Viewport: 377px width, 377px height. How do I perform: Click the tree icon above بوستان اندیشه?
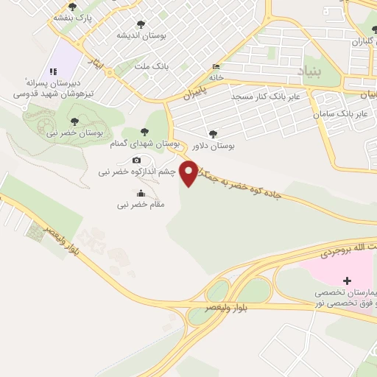coord(141,24)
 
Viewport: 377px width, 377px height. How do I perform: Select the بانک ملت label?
coord(152,66)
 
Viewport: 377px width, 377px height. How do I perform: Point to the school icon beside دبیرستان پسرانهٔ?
coord(52,71)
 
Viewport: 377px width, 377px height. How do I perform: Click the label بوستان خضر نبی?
coord(72,132)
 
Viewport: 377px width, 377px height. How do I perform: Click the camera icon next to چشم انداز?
coord(136,161)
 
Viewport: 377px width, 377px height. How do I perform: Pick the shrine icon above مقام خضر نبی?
coord(141,193)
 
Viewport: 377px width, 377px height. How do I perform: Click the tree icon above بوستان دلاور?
coord(214,134)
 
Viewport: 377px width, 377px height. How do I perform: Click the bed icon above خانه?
coord(215,66)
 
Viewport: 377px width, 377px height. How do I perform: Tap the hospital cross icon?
coord(347,281)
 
